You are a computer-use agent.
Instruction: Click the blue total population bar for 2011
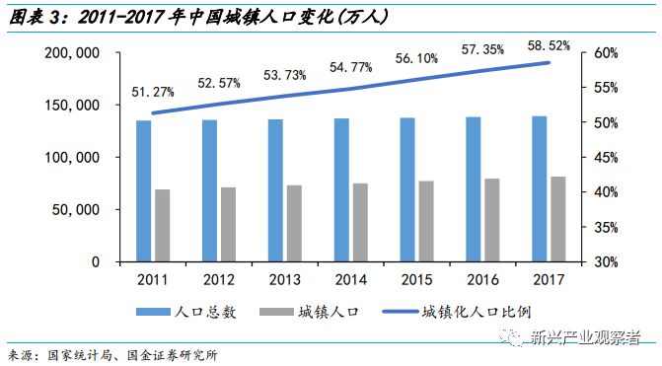(x=144, y=191)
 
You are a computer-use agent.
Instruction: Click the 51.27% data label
(x=150, y=92)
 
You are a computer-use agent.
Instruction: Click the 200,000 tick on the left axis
(x=82, y=52)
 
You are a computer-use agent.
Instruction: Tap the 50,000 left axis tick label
(x=87, y=209)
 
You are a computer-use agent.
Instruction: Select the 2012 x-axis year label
(x=219, y=279)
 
